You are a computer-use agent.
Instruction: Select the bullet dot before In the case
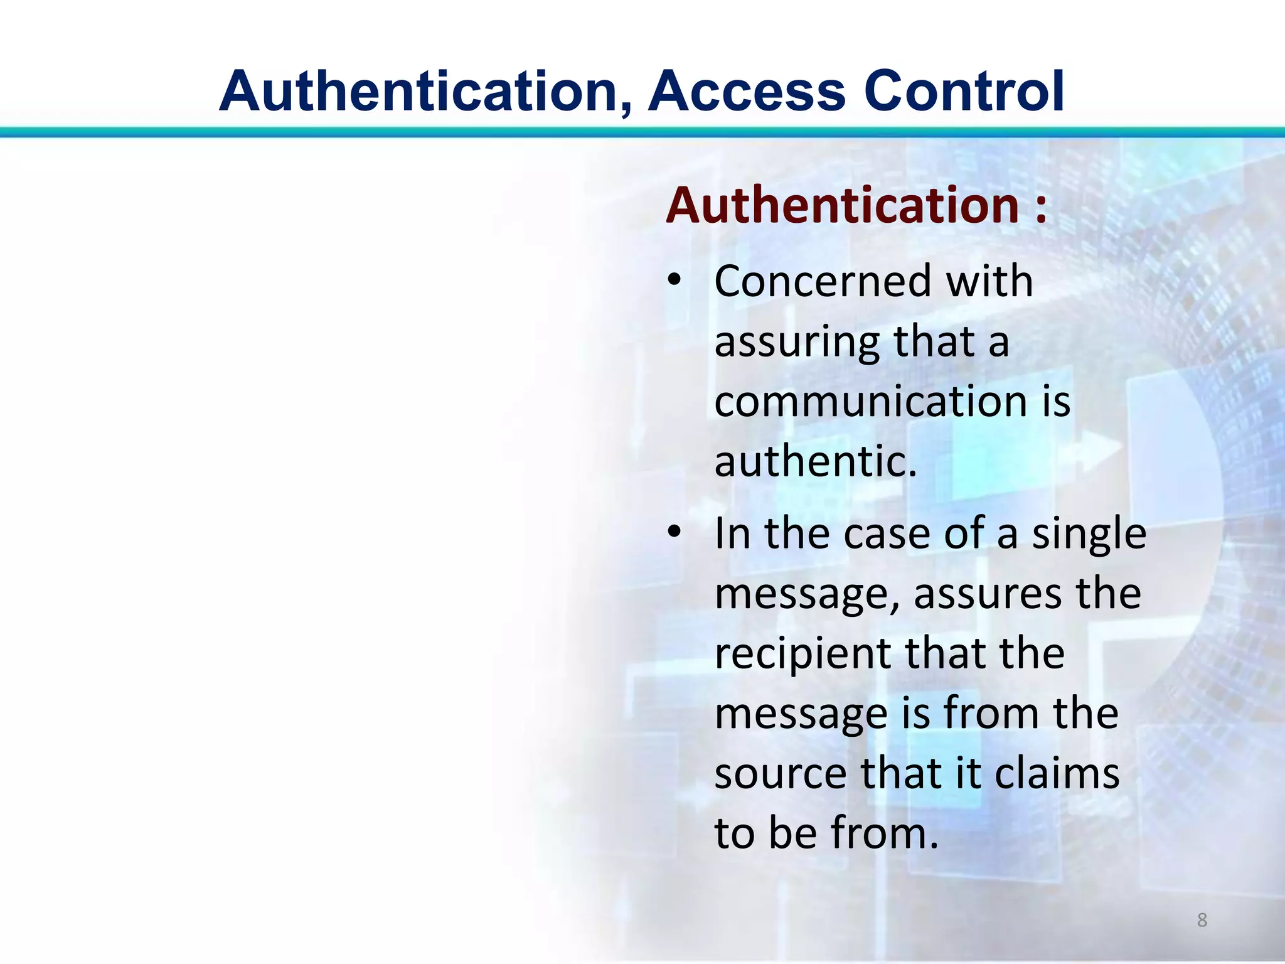point(673,532)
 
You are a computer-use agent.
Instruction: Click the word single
point(1089,535)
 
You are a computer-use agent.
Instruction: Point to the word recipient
point(802,655)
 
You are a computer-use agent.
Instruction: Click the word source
point(781,774)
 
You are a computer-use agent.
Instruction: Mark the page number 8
point(1202,920)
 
